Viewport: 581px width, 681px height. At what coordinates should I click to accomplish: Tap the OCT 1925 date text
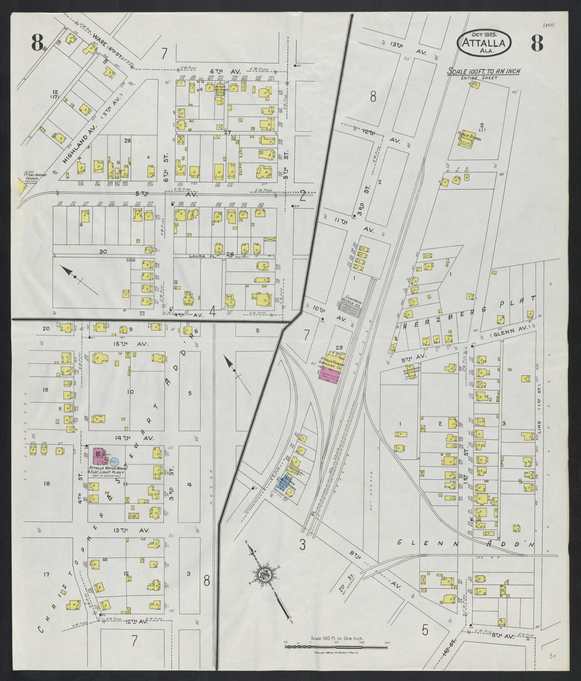tap(484, 34)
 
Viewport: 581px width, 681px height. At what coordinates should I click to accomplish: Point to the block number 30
tap(102, 252)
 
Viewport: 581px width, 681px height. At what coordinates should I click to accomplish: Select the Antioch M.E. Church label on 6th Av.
tap(221, 90)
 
